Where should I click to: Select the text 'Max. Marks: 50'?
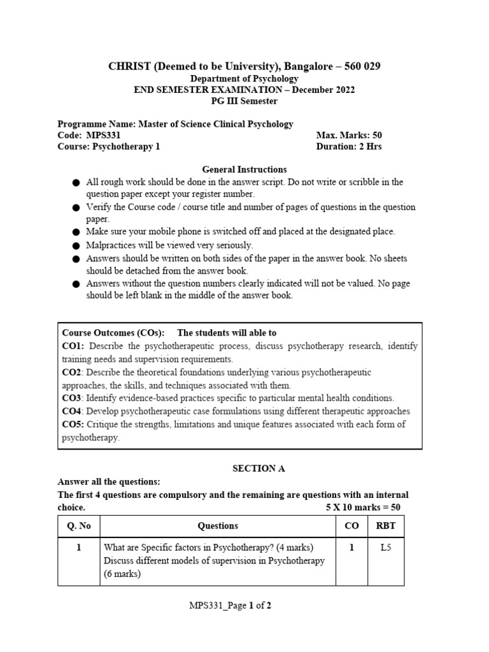pyautogui.click(x=349, y=135)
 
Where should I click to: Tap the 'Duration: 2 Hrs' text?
pyautogui.click(x=349, y=146)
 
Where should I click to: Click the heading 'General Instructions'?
pyautogui.click(x=244, y=169)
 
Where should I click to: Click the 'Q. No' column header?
pyautogui.click(x=79, y=526)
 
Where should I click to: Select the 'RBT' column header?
pyautogui.click(x=385, y=526)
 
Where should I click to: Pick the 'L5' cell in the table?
pyautogui.click(x=385, y=548)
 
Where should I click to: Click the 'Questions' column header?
pyautogui.click(x=218, y=526)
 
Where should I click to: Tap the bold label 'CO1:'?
pyautogui.click(x=73, y=346)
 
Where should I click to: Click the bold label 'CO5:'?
pyautogui.click(x=73, y=424)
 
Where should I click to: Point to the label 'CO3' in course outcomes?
pyautogui.click(x=72, y=398)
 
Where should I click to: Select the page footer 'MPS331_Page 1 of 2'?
pyautogui.click(x=230, y=606)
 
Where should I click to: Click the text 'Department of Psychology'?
pyautogui.click(x=244, y=78)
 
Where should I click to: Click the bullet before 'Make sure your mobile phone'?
pyautogui.click(x=76, y=232)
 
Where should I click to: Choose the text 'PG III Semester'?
pyautogui.click(x=244, y=101)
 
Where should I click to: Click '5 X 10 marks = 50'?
pyautogui.click(x=363, y=507)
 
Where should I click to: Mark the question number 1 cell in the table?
pyautogui.click(x=79, y=548)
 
